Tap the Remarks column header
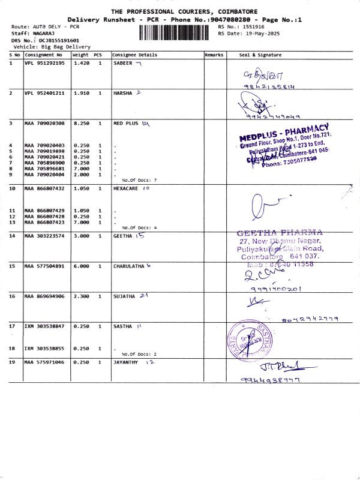[214, 55]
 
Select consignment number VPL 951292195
[44, 63]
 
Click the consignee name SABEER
[123, 63]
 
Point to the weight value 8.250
[81, 123]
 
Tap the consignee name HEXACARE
[126, 188]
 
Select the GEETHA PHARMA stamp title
[280, 232]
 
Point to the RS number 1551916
[250, 27]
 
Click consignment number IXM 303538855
[44, 349]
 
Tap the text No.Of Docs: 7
[139, 180]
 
